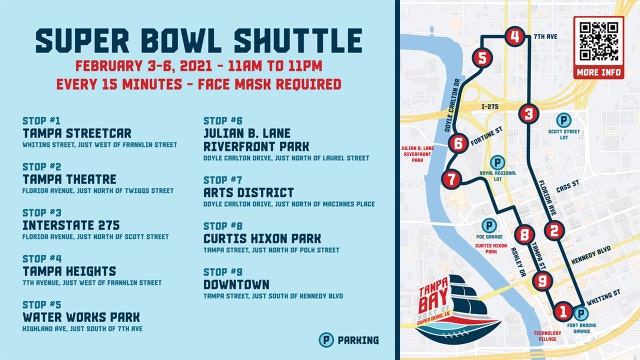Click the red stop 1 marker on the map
coord(563,311)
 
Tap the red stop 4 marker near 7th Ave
coord(513,38)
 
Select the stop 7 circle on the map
coord(451,180)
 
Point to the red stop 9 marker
coord(541,281)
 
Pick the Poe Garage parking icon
coord(488,226)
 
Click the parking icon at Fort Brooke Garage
coord(581,315)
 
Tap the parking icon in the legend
coord(325,340)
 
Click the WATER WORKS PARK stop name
coord(80,317)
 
